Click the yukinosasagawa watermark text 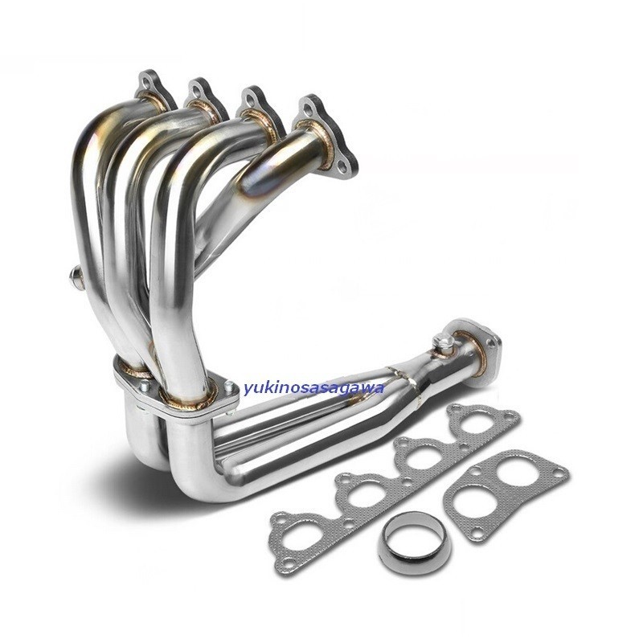[314, 387]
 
